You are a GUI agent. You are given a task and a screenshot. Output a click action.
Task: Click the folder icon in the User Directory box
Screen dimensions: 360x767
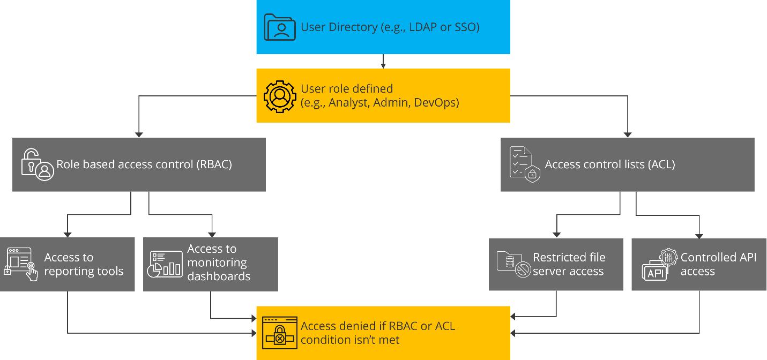coord(280,27)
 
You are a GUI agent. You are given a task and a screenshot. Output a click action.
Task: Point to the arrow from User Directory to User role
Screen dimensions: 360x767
coord(383,61)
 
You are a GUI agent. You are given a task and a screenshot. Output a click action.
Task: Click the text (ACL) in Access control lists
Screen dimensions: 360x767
coord(661,164)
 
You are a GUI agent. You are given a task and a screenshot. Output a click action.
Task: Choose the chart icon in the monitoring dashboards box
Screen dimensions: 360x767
coord(165,264)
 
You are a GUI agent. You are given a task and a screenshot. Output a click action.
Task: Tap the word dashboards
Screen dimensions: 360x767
coord(219,276)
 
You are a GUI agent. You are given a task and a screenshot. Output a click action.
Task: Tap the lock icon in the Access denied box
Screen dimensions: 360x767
coord(280,333)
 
